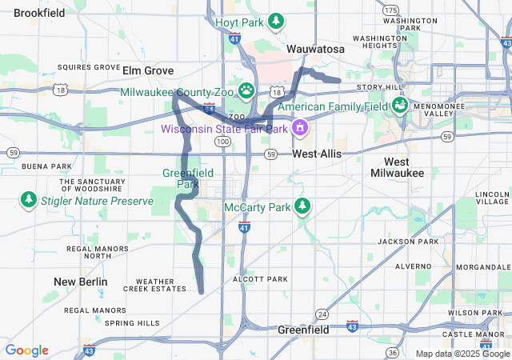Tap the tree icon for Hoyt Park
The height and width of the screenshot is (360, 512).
[x=276, y=20]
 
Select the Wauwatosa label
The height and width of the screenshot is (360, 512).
[x=315, y=50]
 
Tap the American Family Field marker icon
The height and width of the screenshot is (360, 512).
[x=398, y=105]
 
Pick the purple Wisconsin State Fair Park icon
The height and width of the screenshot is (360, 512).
[x=299, y=127]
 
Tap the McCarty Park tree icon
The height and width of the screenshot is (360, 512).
[x=302, y=206]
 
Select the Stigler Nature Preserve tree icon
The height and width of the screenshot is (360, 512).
[x=29, y=198]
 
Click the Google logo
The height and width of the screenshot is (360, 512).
[x=26, y=350]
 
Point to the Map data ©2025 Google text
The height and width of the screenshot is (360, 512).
[x=462, y=354]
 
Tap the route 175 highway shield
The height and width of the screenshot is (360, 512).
[x=390, y=10]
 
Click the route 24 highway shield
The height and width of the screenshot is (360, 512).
[x=322, y=313]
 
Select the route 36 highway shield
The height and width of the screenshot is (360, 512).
[x=391, y=352]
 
